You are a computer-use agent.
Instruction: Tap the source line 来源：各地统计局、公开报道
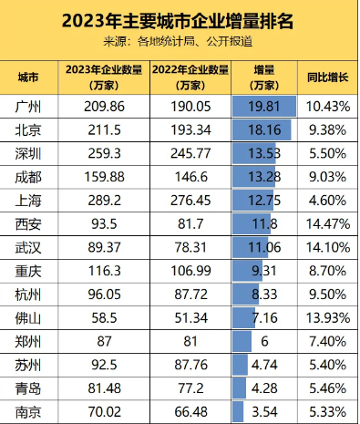(179, 41)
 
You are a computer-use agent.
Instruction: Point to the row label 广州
(31, 107)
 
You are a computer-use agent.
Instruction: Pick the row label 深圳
(31, 152)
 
